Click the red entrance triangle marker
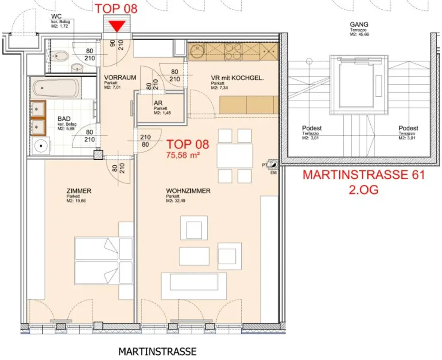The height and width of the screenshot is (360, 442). (117, 26)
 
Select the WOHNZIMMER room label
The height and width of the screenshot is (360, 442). (188, 190)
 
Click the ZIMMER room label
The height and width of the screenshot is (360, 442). (79, 190)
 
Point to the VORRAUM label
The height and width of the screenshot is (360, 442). (120, 78)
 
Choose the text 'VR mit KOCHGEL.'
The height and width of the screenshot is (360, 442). (237, 78)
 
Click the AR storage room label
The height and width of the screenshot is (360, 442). (158, 103)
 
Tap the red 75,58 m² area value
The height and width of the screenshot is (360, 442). (183, 155)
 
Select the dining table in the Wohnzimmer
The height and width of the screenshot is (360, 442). (235, 155)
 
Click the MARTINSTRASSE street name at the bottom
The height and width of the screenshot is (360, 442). (157, 351)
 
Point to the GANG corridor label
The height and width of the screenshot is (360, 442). (359, 24)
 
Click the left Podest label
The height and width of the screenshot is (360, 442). (312, 128)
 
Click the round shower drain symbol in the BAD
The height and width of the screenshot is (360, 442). (41, 145)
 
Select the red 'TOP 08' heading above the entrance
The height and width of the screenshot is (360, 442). (116, 8)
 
